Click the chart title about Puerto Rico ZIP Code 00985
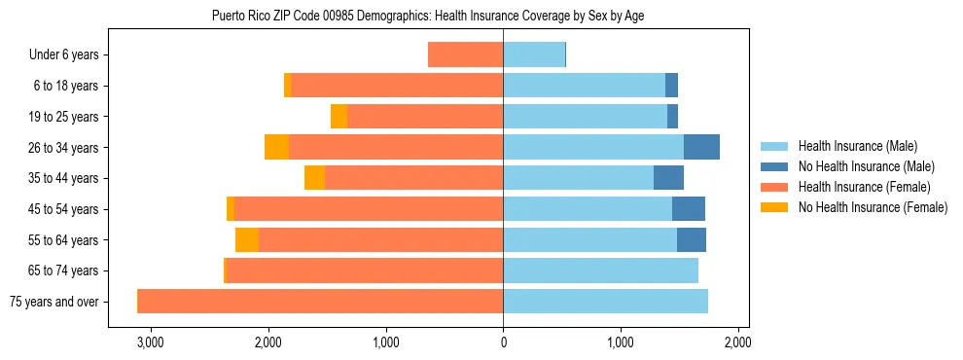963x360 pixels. tap(428, 17)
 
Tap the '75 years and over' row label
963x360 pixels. tap(54, 302)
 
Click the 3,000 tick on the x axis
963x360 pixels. tap(151, 342)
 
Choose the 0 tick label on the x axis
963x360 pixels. tap(503, 342)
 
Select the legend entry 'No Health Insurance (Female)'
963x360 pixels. tap(873, 207)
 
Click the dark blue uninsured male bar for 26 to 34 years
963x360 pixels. tap(701, 147)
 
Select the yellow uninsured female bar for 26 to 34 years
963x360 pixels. tap(276, 147)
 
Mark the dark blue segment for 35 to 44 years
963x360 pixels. tap(668, 178)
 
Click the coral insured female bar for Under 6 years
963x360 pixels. tap(465, 55)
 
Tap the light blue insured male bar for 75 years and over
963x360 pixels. tap(605, 302)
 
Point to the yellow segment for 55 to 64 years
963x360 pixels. tap(247, 240)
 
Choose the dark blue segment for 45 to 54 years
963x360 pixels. tap(688, 209)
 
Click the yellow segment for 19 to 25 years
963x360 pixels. tap(339, 117)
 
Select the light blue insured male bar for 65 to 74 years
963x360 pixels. tap(600, 270)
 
